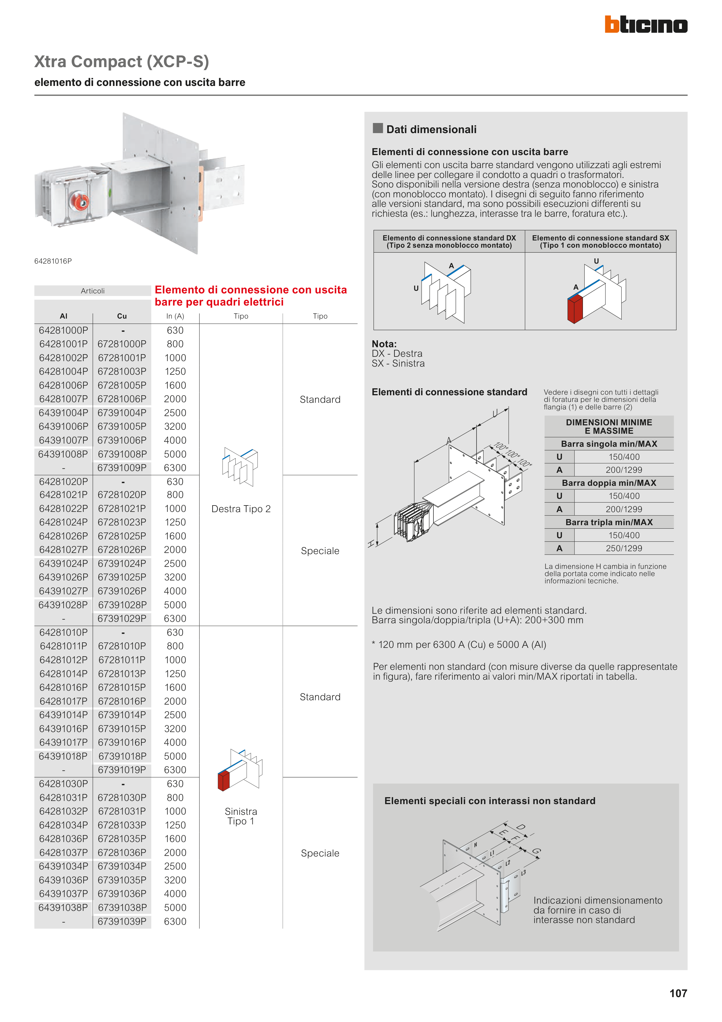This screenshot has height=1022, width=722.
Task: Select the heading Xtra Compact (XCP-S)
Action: [x=121, y=61]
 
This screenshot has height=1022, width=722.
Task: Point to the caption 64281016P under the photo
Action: [x=53, y=261]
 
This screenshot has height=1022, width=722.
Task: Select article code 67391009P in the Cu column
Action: [x=122, y=468]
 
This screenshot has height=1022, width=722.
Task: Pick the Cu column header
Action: [x=122, y=316]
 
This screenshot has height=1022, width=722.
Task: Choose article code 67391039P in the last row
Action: [x=122, y=921]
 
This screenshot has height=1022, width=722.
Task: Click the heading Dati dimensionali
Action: [x=431, y=130]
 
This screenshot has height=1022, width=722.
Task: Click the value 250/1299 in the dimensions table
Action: [x=624, y=548]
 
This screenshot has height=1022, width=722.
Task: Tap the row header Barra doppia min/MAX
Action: [x=609, y=483]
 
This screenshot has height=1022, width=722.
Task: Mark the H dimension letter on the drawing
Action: [x=371, y=543]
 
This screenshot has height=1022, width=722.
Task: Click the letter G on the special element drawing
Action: [x=536, y=851]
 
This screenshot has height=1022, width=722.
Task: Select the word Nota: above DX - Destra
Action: [x=384, y=344]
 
